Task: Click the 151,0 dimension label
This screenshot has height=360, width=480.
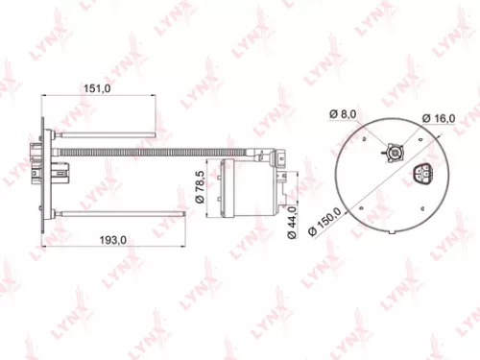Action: (x=100, y=88)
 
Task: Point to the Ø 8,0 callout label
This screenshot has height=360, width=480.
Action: (x=343, y=114)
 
